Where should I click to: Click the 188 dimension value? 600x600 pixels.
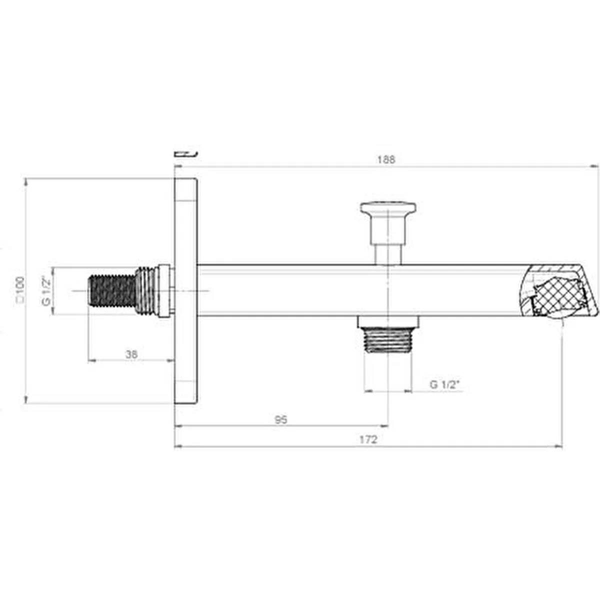[386, 159]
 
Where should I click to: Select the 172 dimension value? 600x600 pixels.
[368, 440]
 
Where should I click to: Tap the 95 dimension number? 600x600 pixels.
[281, 419]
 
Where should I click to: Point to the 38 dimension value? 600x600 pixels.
[131, 354]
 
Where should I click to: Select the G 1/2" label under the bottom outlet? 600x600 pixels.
[443, 384]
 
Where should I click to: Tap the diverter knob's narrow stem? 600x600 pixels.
[388, 252]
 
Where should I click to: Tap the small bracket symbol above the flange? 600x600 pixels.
[185, 153]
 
